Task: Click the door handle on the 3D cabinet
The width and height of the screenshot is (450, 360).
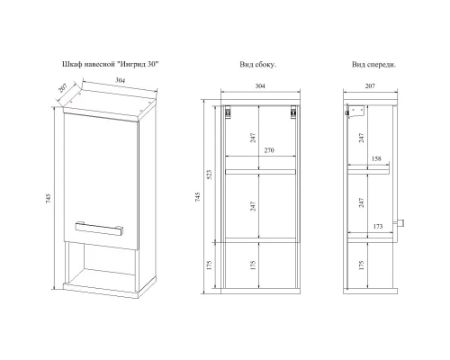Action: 99,229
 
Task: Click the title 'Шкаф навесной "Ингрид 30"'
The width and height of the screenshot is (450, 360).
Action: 110,64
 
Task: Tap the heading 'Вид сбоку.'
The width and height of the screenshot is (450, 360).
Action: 258,65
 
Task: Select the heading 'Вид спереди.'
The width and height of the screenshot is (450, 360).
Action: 373,65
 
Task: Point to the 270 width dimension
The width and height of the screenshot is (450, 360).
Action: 269,150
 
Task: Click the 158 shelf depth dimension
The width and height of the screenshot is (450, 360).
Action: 376,158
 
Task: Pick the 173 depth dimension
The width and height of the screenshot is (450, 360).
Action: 378,226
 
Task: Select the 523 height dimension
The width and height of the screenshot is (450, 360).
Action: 209,175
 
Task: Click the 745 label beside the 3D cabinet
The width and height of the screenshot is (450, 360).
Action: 49,199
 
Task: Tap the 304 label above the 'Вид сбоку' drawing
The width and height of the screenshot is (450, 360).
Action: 260,85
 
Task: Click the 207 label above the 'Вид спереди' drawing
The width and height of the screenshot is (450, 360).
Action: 370,85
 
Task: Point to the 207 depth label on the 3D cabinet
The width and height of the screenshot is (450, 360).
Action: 62,88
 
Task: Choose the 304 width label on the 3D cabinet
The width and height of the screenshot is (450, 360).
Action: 121,80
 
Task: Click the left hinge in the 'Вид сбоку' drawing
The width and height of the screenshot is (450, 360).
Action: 229,112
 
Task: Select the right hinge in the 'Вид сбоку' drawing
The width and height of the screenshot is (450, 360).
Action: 293,112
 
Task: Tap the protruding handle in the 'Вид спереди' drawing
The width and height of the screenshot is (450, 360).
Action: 400,223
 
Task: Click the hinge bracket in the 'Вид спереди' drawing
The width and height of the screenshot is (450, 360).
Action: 355,112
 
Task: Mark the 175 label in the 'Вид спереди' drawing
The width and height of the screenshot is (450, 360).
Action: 361,265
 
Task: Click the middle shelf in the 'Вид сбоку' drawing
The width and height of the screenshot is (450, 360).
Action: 260,172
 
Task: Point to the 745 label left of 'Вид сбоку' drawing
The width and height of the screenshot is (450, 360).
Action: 197,196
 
